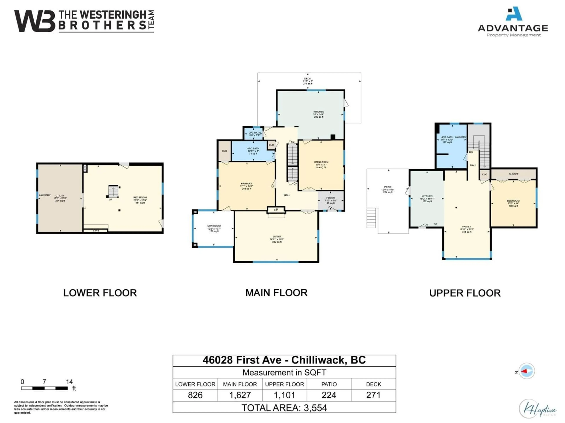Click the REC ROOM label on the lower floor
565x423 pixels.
(140, 198)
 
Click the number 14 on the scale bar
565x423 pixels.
(69, 382)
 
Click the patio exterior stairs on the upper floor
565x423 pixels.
(372, 218)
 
